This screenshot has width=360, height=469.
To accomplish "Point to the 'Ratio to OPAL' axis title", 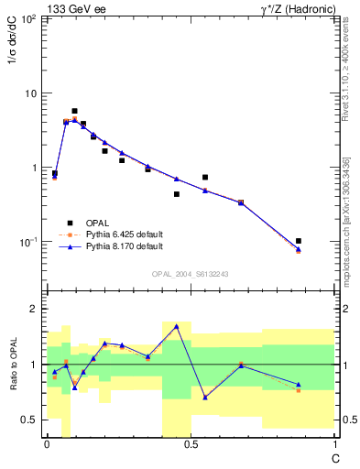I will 12,365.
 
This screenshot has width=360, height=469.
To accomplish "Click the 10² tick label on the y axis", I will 28,19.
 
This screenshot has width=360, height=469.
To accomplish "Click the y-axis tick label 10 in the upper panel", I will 31,93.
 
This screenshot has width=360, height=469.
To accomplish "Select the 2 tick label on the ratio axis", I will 36,309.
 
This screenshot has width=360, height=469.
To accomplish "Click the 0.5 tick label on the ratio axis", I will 31,420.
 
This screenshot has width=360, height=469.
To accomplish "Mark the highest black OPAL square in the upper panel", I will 74,111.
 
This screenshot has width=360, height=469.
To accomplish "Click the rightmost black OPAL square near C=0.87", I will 299,241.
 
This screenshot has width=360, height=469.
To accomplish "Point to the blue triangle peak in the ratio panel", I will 176,326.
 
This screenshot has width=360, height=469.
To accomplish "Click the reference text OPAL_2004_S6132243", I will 191,274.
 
